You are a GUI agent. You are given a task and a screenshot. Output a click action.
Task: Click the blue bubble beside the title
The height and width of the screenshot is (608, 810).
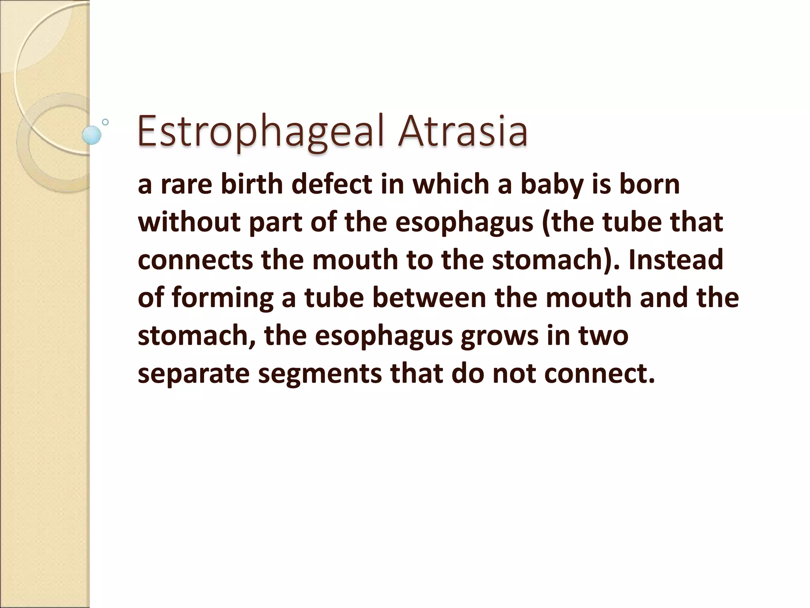[91, 135]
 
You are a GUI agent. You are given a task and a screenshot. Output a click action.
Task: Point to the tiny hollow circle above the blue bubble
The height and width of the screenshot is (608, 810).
[105, 122]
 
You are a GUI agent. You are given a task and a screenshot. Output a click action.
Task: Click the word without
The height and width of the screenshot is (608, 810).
[189, 222]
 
